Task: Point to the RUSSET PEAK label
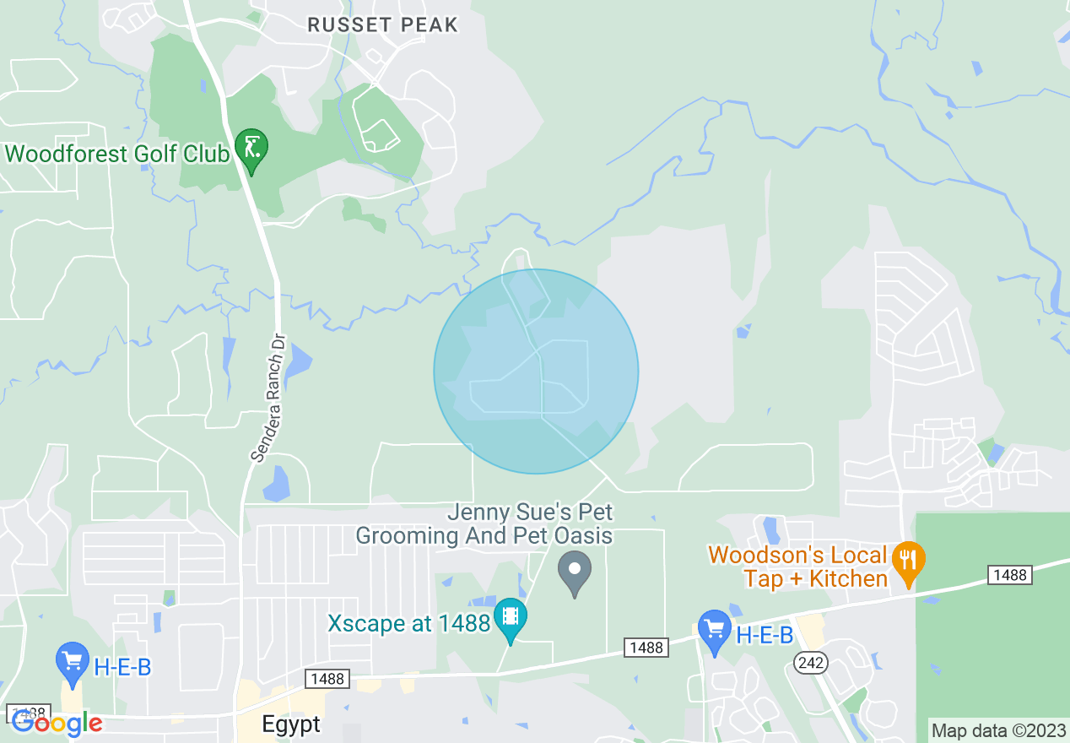382,25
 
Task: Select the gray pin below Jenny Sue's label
575,571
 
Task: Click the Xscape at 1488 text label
408,624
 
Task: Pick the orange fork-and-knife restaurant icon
908,561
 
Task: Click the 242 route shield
811,663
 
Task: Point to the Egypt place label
291,724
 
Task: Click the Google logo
57,724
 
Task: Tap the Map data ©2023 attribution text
997,729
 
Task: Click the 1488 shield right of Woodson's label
1010,575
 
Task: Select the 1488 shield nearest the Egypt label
327,679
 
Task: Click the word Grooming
408,535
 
